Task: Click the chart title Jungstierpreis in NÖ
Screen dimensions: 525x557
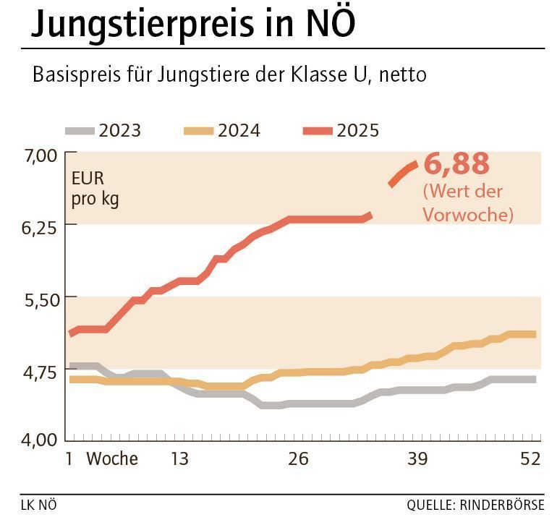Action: [x=193, y=25]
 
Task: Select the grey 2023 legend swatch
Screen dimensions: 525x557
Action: [x=80, y=131]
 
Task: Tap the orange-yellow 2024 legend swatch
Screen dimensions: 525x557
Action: [x=199, y=131]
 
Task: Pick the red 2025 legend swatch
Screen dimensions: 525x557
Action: [x=318, y=131]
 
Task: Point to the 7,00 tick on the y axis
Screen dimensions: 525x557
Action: [x=40, y=155]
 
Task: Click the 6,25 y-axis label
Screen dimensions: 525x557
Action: [x=40, y=227]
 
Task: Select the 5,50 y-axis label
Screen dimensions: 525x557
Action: [x=40, y=299]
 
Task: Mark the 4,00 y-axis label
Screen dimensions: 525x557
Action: [x=40, y=440]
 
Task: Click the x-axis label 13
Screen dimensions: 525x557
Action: [x=179, y=458]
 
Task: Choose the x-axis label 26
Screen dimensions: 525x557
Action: [x=298, y=458]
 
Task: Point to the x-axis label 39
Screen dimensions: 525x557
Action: [x=417, y=458]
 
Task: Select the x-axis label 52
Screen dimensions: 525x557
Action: [x=530, y=458]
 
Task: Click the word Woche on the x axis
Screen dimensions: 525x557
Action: [x=112, y=458]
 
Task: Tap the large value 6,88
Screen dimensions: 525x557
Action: [x=456, y=164]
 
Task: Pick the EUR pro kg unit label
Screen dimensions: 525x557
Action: [x=95, y=188]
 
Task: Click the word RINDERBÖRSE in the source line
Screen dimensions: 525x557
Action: [x=503, y=505]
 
